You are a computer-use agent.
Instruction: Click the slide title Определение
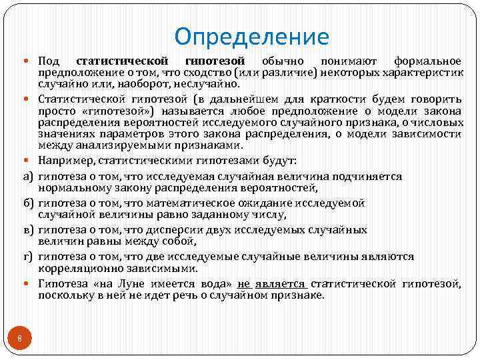click(x=252, y=36)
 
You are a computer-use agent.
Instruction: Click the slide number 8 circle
click(x=20, y=340)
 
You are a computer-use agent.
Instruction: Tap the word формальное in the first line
click(x=428, y=61)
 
